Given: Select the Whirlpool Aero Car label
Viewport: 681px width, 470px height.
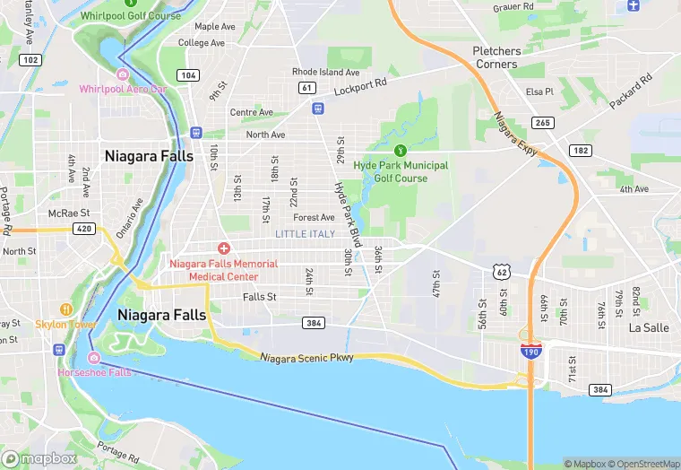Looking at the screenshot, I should pos(123,89).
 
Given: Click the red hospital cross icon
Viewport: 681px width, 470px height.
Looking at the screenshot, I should pos(223,248).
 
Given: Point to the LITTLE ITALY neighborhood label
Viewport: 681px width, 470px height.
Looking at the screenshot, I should pos(305,234).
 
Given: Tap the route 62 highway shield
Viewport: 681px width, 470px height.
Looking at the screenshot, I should pos(501,270).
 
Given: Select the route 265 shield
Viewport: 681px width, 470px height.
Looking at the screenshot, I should pos(543,122).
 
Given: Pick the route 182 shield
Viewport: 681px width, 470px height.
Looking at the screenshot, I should pos(581,151).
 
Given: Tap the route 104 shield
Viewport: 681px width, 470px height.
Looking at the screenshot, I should pos(188,75).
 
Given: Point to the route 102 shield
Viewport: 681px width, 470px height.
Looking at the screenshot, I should pos(30,60).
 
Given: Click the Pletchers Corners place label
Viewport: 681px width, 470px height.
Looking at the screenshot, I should pos(496,57).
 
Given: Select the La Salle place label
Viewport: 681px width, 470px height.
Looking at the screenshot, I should pos(649,327).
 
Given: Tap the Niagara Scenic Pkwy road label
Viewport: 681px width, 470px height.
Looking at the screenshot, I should pos(306,358).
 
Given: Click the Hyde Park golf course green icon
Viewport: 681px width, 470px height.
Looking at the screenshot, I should pos(401,149).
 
